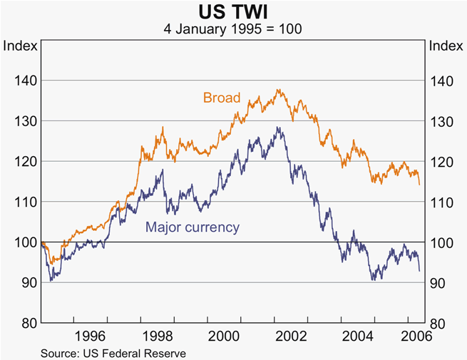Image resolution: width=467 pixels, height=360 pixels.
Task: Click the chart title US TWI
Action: click(233, 12)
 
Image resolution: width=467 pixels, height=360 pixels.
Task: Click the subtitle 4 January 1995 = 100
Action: click(233, 29)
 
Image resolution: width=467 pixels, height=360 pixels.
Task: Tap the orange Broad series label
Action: click(222, 98)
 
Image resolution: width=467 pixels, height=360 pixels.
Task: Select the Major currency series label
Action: click(192, 227)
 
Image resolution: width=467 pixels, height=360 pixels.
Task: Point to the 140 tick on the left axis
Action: click(25, 81)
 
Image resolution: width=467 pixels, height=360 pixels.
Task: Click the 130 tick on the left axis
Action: click(25, 122)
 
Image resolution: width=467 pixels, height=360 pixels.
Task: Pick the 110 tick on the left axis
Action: click(25, 202)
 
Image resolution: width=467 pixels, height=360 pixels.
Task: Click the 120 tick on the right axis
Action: click(441, 162)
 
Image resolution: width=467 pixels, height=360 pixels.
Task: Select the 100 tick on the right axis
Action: click(441, 242)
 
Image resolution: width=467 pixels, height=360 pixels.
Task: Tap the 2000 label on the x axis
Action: click(225, 336)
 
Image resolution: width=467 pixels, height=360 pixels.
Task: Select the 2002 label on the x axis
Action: click(291, 336)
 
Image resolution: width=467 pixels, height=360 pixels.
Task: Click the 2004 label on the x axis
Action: click(356, 336)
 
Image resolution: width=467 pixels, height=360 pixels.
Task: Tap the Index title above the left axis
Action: click(20, 46)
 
